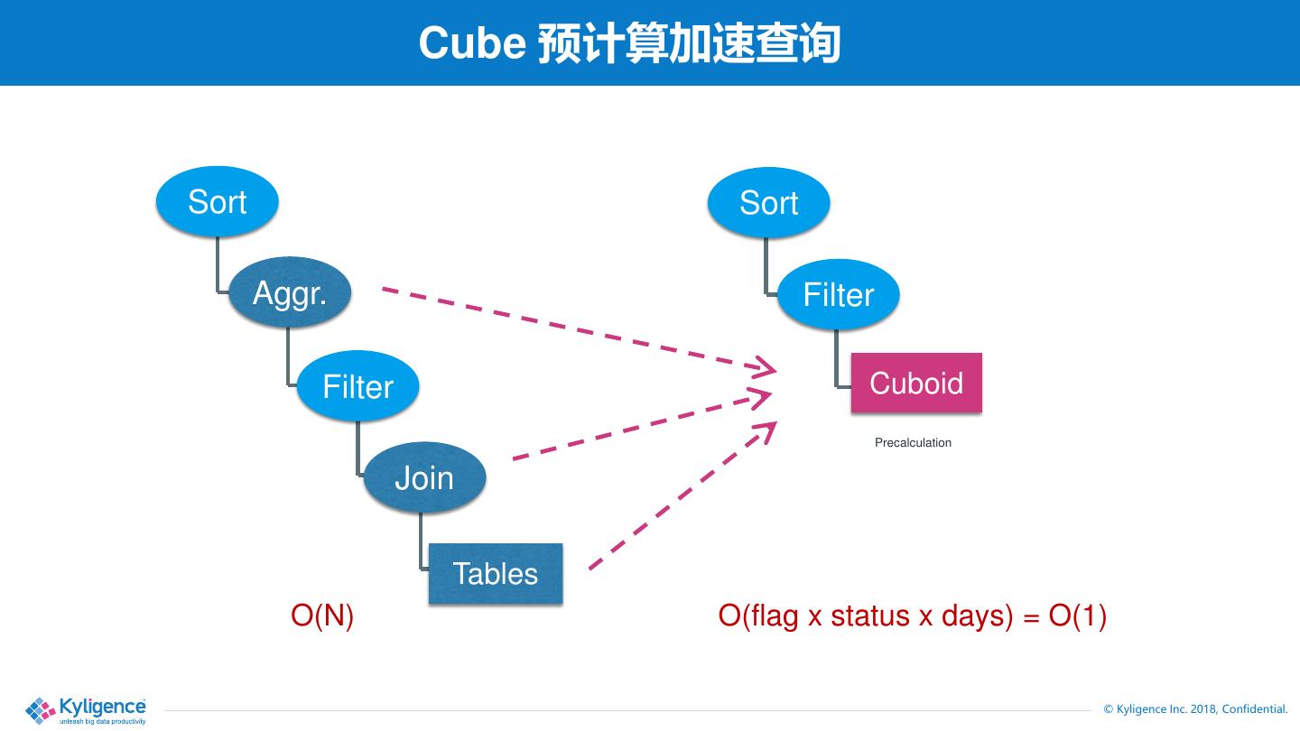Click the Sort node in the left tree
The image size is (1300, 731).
click(217, 202)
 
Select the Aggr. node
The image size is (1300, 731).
click(289, 293)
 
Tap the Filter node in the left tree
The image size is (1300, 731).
click(357, 387)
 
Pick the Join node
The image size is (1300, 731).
click(424, 477)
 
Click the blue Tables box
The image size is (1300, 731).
click(495, 574)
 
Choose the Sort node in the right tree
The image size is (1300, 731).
click(768, 203)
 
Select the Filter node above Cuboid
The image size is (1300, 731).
click(838, 295)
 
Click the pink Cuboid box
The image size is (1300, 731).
click(915, 384)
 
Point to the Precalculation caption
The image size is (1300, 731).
click(913, 442)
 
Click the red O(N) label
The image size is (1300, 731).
click(322, 615)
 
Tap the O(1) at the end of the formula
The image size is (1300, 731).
click(1078, 615)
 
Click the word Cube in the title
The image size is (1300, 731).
click(472, 43)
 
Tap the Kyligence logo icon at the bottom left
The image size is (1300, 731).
click(40, 710)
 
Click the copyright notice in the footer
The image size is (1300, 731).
click(1195, 709)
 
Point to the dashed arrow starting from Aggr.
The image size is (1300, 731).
click(578, 328)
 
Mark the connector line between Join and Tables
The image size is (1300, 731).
click(421, 541)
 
